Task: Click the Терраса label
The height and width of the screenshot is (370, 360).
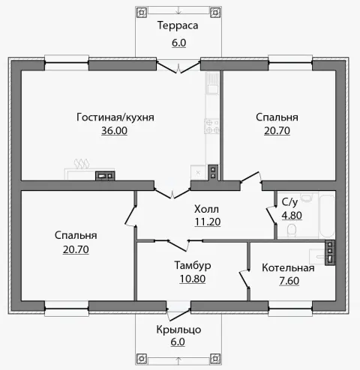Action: (x=178, y=25)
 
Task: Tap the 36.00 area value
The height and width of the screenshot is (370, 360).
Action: (x=114, y=131)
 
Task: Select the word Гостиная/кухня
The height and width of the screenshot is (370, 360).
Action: (x=115, y=118)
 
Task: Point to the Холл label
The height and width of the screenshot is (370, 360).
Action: (x=206, y=209)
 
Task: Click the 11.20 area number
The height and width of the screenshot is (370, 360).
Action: (x=208, y=222)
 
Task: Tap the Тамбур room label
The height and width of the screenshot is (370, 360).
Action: (x=193, y=265)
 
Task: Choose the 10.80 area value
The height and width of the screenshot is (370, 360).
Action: (x=193, y=279)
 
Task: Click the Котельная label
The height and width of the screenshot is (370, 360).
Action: (x=288, y=268)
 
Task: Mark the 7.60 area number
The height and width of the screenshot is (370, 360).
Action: (x=289, y=281)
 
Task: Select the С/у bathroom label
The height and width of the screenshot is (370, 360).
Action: (x=289, y=202)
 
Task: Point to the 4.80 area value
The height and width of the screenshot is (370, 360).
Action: (x=292, y=215)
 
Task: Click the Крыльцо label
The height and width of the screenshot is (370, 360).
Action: (x=178, y=330)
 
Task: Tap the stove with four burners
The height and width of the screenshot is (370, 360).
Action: (x=212, y=127)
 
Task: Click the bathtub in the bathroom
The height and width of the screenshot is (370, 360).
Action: (x=327, y=216)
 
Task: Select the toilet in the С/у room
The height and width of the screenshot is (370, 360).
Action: (x=292, y=230)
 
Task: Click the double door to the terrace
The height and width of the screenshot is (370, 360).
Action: (x=178, y=67)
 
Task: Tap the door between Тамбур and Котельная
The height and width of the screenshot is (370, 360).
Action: (x=244, y=279)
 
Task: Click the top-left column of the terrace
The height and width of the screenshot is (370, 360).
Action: (x=142, y=12)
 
